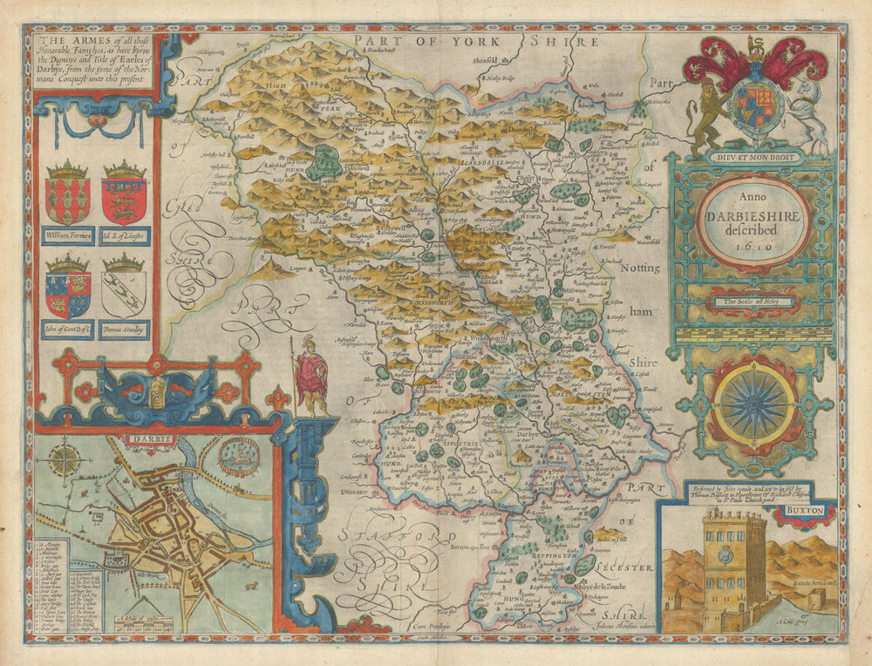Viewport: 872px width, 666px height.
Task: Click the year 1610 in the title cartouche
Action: pyautogui.click(x=753, y=248)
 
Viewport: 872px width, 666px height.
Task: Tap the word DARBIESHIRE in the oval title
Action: pyautogui.click(x=753, y=218)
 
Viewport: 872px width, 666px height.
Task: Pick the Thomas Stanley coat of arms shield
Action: pyautogui.click(x=123, y=293)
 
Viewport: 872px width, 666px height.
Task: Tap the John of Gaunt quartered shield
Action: pyautogui.click(x=67, y=293)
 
